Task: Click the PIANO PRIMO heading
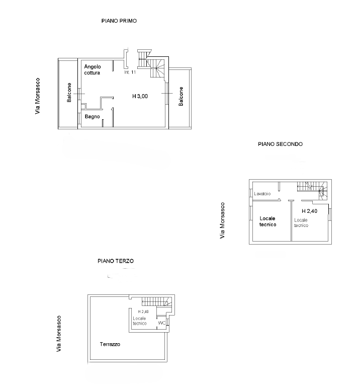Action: pos(119,21)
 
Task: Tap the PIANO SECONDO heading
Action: pos(280,144)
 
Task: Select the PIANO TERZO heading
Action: pos(116,261)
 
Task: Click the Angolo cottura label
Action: pos(93,69)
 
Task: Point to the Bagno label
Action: pos(92,117)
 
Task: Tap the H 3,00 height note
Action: pos(140,96)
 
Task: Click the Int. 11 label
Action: pos(130,72)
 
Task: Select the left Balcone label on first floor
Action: pos(69,92)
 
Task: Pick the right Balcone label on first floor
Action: pos(181,96)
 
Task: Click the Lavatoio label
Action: pos(262,194)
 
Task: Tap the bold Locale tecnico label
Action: pos(267,221)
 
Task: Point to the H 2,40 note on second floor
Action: pos(309,211)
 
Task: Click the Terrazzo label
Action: pos(110,344)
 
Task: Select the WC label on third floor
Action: pos(162,323)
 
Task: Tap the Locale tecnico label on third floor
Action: pos(140,321)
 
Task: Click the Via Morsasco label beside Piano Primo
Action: pos(37,96)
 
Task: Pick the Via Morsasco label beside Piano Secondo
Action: pos(222,220)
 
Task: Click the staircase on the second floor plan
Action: pos(312,189)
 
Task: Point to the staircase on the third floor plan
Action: pos(157,302)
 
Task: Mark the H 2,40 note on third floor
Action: pos(143,312)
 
